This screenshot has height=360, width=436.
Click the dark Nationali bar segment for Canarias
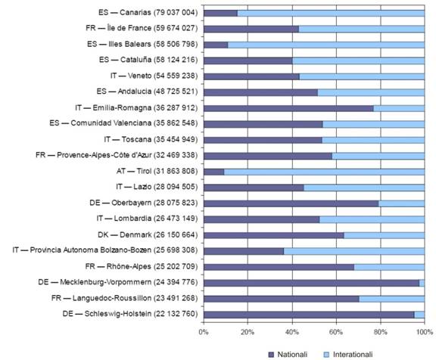point(220,13)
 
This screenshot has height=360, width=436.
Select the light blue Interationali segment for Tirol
point(324,172)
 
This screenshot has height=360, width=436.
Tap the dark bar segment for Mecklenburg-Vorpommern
point(311,283)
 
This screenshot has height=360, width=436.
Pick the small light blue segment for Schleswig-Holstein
point(419,315)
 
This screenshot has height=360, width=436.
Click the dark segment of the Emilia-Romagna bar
point(288,108)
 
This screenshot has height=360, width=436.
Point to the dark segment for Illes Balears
point(216,45)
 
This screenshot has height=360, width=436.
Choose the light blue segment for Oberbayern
point(401,203)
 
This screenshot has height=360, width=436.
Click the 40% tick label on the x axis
point(292,332)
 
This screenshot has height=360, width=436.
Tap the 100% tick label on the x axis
point(425,332)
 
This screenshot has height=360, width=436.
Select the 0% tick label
point(204,332)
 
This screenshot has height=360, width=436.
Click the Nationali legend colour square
point(271,355)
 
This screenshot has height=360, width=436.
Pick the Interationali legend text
point(353,355)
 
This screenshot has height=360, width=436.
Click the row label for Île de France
point(142,28)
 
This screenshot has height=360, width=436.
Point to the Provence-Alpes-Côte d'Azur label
point(117,155)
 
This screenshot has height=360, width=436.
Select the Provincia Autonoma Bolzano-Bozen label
point(105,250)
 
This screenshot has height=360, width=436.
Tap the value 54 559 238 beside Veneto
point(176,76)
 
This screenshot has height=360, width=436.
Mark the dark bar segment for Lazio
point(254,188)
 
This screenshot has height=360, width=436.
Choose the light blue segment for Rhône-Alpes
point(389,267)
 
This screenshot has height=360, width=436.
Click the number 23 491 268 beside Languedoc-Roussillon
point(176,298)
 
